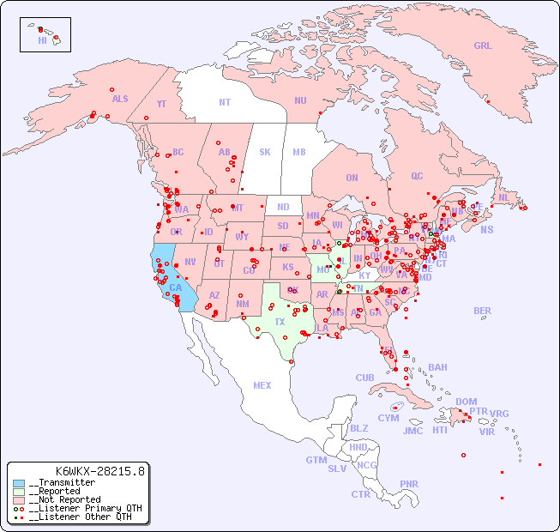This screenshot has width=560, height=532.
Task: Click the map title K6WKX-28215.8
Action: coord(100,470)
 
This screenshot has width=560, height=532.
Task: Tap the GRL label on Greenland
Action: coord(483,46)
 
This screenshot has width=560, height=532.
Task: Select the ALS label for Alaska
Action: coord(120,99)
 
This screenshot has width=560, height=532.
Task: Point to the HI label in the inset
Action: coord(42,40)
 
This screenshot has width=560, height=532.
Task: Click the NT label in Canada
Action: coord(225,102)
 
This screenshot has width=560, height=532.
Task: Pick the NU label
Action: coord(300,100)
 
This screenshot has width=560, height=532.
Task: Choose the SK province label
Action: coord(265,152)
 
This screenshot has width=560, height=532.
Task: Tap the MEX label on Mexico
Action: coord(262,386)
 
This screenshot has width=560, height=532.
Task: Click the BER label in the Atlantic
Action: coord(482,311)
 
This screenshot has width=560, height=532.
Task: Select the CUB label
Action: coord(364,378)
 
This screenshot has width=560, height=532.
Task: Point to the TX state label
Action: coord(280,322)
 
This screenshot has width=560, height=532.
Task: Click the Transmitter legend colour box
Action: coord(19,483)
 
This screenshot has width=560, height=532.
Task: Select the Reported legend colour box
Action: coord(19,492)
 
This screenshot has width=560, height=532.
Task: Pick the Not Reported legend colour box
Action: coord(19,500)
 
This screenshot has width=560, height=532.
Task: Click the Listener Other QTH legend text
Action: coord(80,517)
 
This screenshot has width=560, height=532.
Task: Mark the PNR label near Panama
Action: coord(409,484)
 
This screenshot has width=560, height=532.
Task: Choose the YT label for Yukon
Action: coord(161,104)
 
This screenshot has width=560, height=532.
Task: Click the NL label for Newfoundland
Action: coord(504,197)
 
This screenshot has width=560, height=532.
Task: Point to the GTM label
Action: coord(316,460)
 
